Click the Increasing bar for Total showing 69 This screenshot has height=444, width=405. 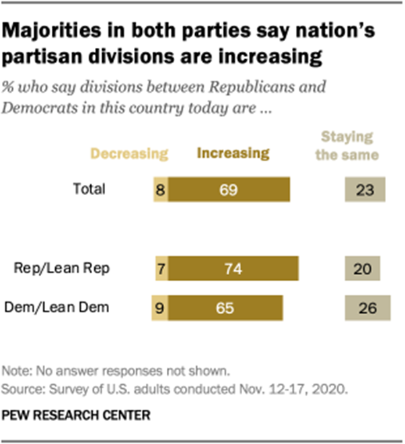coord(229,189)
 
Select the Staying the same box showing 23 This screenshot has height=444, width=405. coord(365,189)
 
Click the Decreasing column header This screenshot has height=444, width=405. coord(129,153)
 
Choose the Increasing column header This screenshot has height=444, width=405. coord(233,153)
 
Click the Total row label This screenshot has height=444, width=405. coord(89,189)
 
